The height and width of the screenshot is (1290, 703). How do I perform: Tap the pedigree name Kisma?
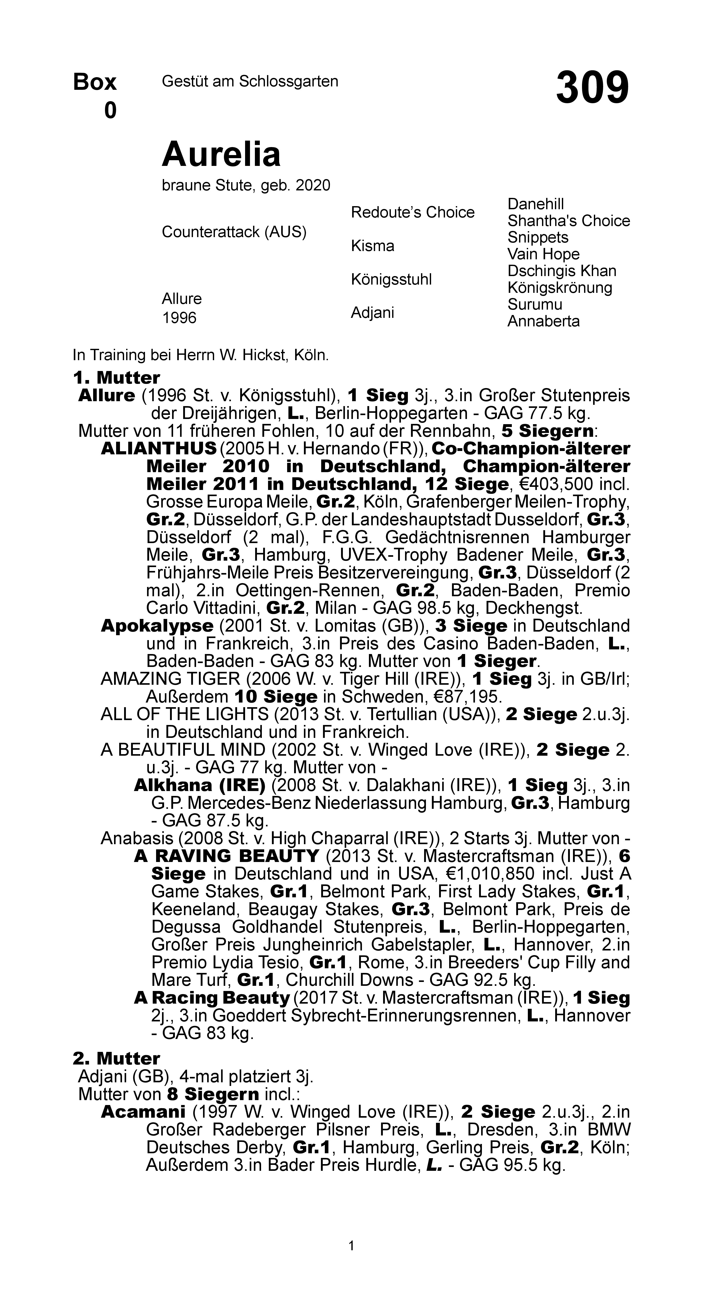[373, 246]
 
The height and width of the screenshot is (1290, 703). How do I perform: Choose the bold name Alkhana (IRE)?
[199, 785]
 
